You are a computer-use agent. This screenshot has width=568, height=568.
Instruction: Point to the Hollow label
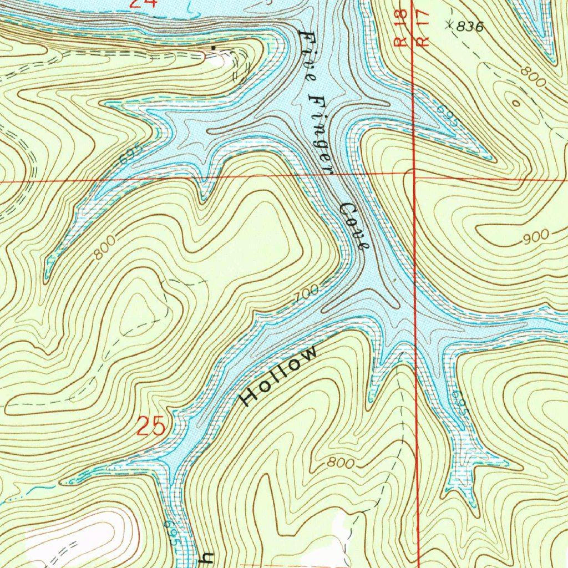point(280,376)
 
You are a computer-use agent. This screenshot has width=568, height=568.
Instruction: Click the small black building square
point(214,49)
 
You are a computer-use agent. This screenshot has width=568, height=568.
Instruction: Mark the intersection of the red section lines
point(415,176)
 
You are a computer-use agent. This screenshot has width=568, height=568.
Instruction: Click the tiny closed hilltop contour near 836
point(516,103)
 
